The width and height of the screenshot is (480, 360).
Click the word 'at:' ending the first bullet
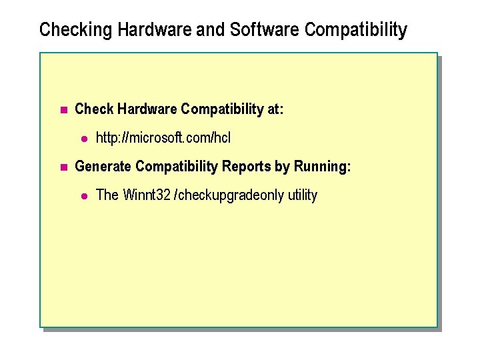pyautogui.click(x=275, y=109)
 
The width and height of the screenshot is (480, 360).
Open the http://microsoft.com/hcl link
pyautogui.click(x=163, y=139)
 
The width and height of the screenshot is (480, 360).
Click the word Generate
pyautogui.click(x=103, y=167)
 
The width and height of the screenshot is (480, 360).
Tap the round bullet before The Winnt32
pyautogui.click(x=84, y=196)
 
